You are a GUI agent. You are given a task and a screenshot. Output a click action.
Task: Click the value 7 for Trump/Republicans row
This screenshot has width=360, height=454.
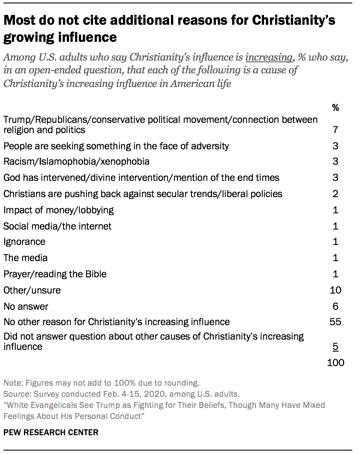[335, 129]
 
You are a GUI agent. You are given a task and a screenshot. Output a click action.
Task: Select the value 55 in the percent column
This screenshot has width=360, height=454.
[335, 322]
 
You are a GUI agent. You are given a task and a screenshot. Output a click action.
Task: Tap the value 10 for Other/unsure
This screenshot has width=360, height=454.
[335, 290]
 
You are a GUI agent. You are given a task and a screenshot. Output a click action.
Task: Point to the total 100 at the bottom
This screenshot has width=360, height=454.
[335, 363]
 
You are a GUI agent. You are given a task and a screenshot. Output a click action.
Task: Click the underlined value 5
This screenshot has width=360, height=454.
[335, 347]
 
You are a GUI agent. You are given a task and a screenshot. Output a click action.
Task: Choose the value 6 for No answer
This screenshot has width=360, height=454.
[335, 306]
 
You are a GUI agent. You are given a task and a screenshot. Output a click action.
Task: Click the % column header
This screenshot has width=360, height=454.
[335, 108]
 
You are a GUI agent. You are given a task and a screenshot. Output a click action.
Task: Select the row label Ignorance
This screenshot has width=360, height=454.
[24, 242]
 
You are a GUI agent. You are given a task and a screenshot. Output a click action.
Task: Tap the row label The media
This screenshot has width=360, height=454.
[26, 258]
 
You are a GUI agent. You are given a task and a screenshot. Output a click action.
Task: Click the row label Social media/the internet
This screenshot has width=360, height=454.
[57, 226]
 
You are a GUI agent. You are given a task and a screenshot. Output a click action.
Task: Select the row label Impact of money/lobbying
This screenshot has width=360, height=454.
[58, 210]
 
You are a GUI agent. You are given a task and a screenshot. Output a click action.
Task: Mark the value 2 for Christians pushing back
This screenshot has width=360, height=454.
[335, 194]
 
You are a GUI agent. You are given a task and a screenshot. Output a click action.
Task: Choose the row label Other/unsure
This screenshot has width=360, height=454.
[32, 290]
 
